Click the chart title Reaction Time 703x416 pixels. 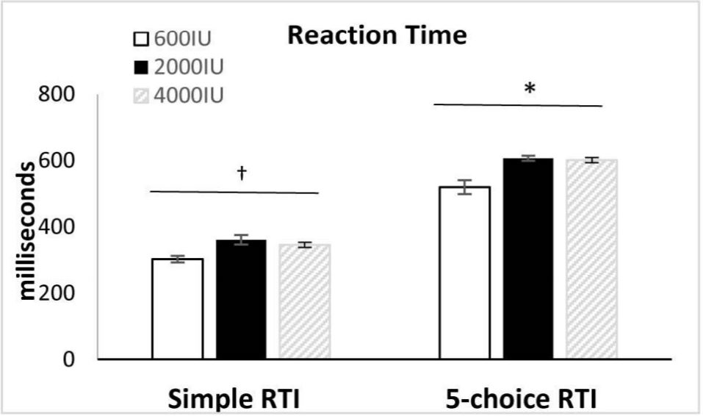coord(377,35)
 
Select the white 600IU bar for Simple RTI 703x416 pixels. coord(178,309)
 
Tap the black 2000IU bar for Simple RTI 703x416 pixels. coord(241,299)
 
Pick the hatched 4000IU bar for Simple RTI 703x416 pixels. coord(305,301)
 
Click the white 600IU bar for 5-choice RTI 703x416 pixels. coord(465,273)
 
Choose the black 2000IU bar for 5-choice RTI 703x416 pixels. coord(528,259)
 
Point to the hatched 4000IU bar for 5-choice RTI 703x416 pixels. coord(592,259)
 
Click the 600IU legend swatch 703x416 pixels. coord(141,39)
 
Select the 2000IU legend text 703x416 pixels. coord(189,68)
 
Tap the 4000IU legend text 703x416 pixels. coord(189,96)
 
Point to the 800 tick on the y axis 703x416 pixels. coord(56,95)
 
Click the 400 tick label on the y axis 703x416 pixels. coord(56,227)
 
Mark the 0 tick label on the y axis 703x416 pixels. coord(68,359)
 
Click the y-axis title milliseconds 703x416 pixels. coord(27,231)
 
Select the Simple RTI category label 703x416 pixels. coord(234,399)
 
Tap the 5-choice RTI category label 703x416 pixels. coord(521,399)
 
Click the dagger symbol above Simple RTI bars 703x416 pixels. coord(242,172)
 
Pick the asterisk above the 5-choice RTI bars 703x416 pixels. coord(530,88)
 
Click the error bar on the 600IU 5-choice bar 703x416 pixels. coord(465,187)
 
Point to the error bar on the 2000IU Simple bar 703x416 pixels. coord(241,240)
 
